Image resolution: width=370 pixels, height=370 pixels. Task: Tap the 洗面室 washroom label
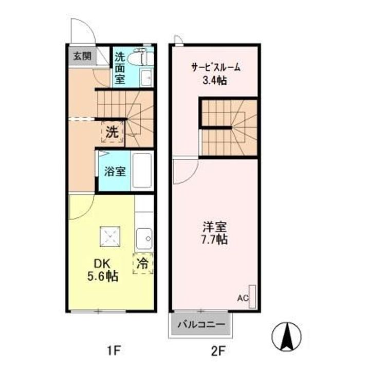pyautogui.click(x=119, y=67)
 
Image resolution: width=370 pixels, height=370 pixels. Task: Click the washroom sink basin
pyautogui.click(x=146, y=78)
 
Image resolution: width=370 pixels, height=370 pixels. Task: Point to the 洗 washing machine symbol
pyautogui.click(x=112, y=132)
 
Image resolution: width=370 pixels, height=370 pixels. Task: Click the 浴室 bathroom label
pyautogui.click(x=115, y=172)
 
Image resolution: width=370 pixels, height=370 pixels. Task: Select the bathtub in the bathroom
pyautogui.click(x=142, y=171)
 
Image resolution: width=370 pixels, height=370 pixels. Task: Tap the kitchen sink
pyautogui.click(x=144, y=238)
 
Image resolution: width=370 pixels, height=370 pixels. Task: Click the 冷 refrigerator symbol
pyautogui.click(x=143, y=264)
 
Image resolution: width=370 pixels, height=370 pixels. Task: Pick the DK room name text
pyautogui.click(x=101, y=263)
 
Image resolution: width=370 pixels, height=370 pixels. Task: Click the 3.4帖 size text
pyautogui.click(x=215, y=80)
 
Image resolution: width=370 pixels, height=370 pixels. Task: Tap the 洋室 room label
pyautogui.click(x=215, y=226)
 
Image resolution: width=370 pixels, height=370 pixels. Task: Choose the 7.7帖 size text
pyautogui.click(x=215, y=239)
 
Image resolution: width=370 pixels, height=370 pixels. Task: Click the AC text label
pyautogui.click(x=243, y=298)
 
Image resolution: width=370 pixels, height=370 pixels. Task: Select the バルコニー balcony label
pyautogui.click(x=201, y=325)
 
